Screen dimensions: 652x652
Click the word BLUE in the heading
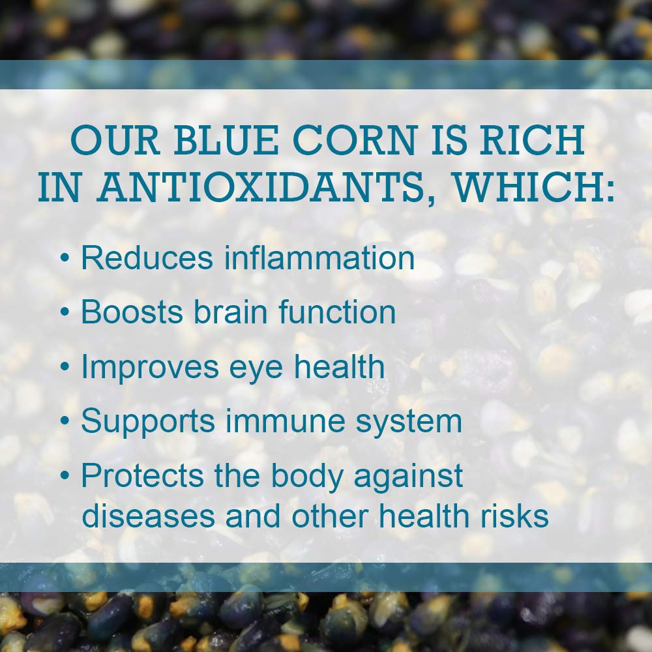pos(226,140)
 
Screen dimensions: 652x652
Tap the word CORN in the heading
pos(355,140)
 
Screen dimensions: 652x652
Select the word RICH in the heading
pos(532,140)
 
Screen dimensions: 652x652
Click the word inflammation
pos(319,258)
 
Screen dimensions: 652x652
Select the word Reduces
pos(147,258)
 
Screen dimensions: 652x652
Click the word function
pos(337,312)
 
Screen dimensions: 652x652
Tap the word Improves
pos(150,367)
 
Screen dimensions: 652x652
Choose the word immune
pos(285,421)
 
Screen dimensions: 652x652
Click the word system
pos(408,423)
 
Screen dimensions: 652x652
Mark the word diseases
pos(149,516)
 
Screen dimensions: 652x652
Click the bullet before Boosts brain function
pos(65,312)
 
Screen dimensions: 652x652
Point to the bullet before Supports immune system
pos(65,421)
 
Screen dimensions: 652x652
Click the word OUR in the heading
pos(115,140)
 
